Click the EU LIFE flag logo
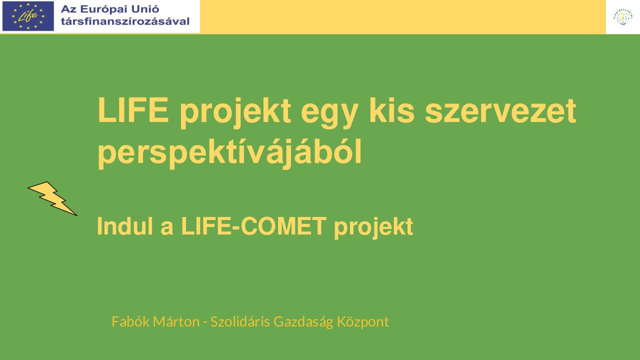click(28, 16)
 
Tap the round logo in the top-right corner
click(623, 17)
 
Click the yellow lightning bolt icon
click(52, 198)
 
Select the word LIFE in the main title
click(133, 110)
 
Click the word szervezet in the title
click(500, 110)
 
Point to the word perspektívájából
click(229, 152)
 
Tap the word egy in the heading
click(329, 113)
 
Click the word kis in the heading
click(391, 110)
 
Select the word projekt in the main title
click(235, 112)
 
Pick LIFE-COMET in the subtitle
click(253, 226)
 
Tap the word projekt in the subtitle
click(373, 227)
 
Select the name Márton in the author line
click(176, 321)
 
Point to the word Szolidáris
click(240, 321)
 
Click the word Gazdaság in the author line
click(303, 322)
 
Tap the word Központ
click(363, 322)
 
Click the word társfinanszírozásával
click(125, 21)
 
